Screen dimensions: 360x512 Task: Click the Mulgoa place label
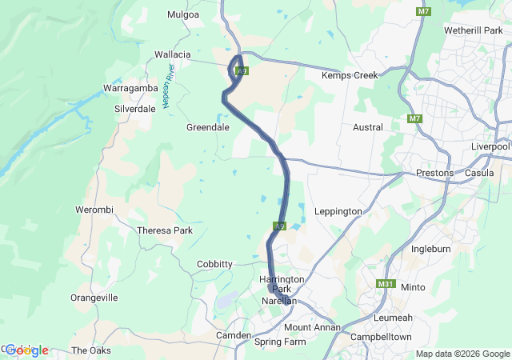(x=183, y=14)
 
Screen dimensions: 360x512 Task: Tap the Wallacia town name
(x=172, y=54)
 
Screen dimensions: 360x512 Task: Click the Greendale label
(x=208, y=127)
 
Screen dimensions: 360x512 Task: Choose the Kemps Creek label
(x=348, y=75)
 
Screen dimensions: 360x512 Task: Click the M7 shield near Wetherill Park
(x=423, y=11)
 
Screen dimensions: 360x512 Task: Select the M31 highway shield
(x=386, y=283)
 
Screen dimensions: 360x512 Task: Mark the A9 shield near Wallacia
(x=242, y=71)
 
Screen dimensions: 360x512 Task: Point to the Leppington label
(x=338, y=211)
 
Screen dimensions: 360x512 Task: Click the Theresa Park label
(x=166, y=230)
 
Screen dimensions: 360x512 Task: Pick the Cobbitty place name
(x=214, y=264)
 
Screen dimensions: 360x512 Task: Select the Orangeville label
(x=94, y=298)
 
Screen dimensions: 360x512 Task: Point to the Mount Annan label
(x=312, y=328)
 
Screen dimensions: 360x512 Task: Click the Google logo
(x=26, y=350)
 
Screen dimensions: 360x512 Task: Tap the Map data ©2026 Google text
(x=462, y=354)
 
